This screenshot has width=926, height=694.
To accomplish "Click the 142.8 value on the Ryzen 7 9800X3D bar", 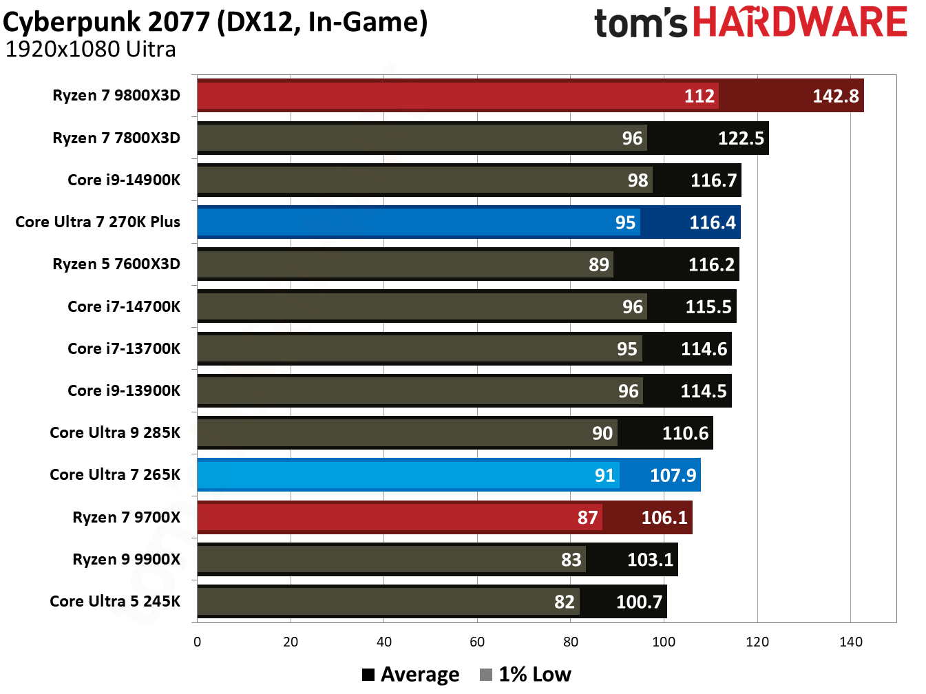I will pos(835,96).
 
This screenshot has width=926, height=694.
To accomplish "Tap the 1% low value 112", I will pos(699,96).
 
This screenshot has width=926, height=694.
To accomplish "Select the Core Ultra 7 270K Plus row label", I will pos(98,222).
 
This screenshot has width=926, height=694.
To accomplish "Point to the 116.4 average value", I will pos(712,222).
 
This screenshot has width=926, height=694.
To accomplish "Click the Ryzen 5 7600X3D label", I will pos(116,264).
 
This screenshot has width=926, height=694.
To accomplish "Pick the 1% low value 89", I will pos(598,264).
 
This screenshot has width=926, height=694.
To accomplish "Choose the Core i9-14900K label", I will pos(124,180).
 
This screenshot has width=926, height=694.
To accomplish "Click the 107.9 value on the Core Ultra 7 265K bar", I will pos(673,475).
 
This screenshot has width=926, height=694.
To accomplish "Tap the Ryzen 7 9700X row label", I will pos(126,517).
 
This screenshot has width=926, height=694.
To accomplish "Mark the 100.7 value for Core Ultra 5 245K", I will pos(638,602).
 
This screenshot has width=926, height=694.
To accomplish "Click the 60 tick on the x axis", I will pos(477,642).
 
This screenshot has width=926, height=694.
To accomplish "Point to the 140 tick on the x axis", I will pos(850,642).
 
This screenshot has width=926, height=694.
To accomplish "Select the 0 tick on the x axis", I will pos(198,642).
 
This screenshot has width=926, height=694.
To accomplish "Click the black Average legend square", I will pos(368,675).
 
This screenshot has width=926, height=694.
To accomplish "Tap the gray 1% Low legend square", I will pos(486,675).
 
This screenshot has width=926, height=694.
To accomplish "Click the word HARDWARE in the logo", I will pos(799,22).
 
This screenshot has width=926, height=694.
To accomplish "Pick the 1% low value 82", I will pos(564,602).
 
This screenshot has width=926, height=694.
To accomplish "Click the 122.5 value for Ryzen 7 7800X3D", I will pos(741,138).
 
